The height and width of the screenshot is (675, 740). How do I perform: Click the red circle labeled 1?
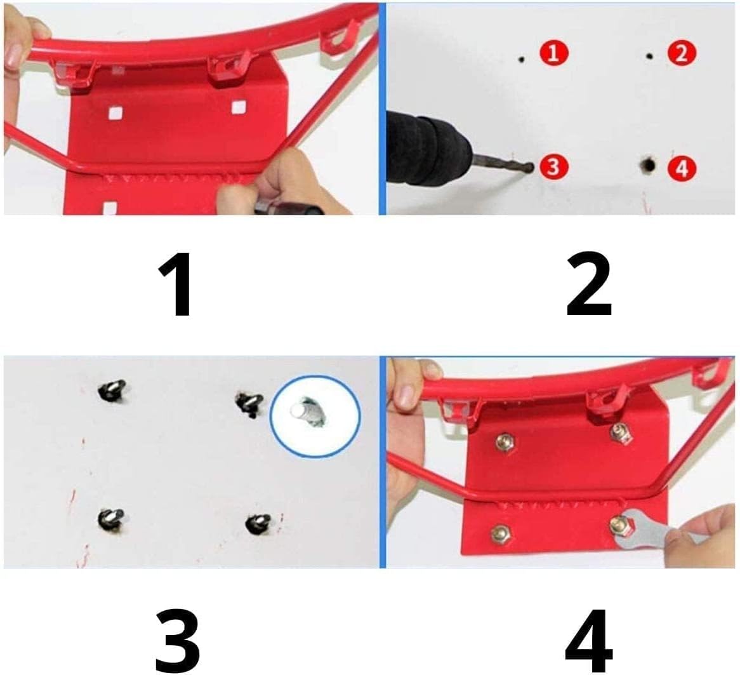click(x=553, y=53)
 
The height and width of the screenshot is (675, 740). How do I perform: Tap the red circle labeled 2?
click(x=681, y=53)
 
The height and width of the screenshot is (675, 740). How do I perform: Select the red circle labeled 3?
click(x=553, y=167)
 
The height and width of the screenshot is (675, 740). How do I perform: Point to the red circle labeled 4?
click(x=681, y=168)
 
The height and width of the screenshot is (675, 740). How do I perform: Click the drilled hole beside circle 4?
click(x=647, y=166)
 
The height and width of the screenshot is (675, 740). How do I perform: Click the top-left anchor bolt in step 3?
click(x=112, y=390)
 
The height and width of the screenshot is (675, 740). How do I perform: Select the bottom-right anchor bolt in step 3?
click(x=258, y=523)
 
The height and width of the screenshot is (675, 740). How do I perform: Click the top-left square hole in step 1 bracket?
click(x=115, y=113)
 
